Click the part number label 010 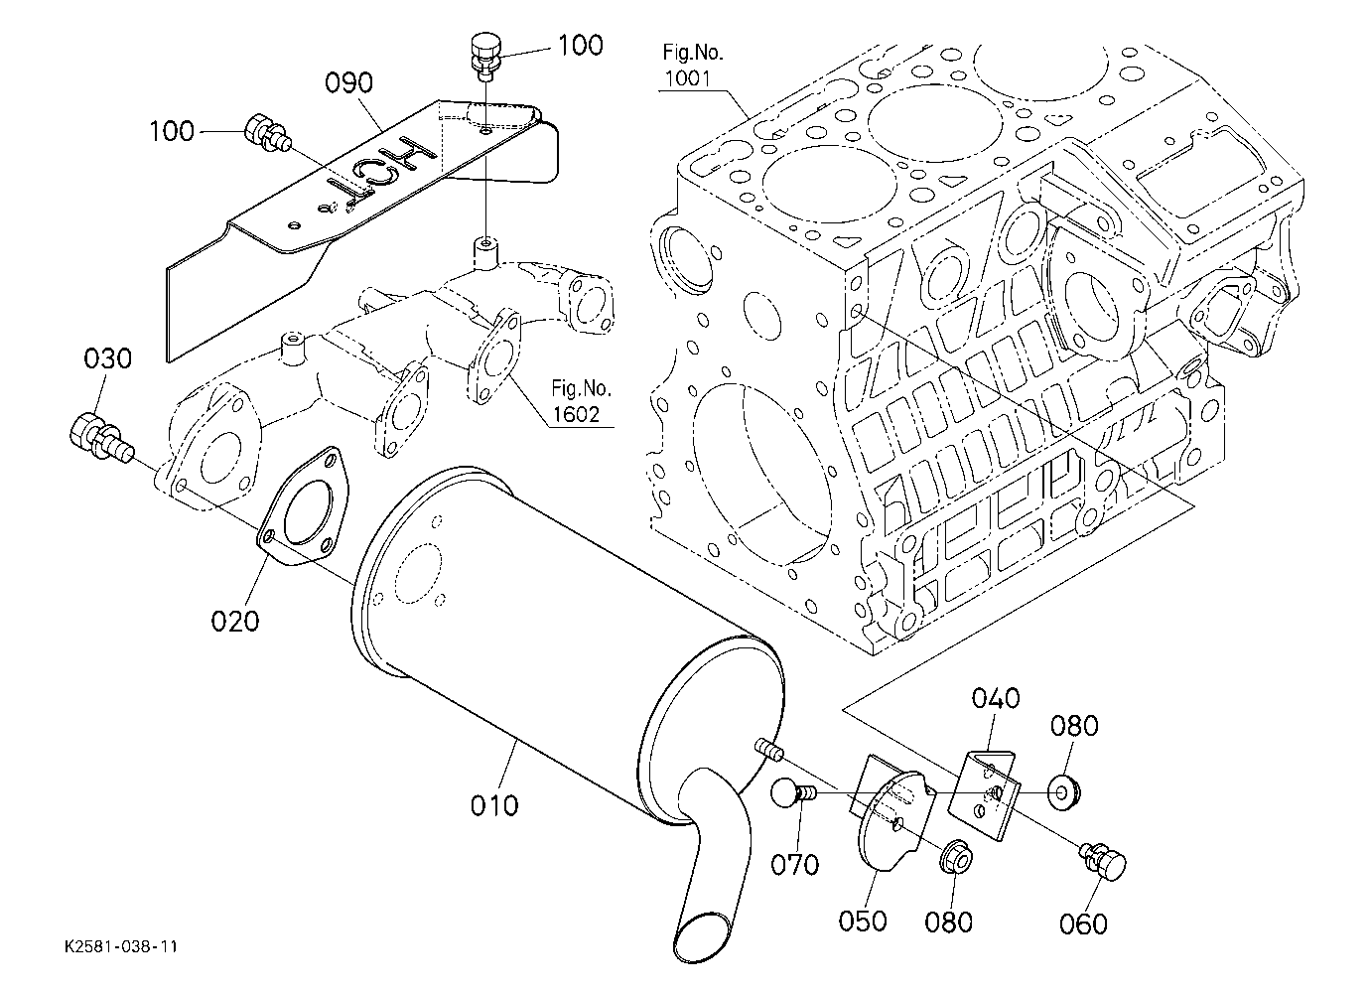pos(494,805)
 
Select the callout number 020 pos(235,621)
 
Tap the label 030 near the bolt pos(107,358)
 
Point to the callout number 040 pos(996,698)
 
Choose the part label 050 pos(863,921)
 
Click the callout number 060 pos(1083,924)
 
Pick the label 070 pos(794,865)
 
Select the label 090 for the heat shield pos(348,82)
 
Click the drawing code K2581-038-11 pos(121,947)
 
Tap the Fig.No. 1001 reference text pos(692,66)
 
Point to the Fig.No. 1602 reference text pos(581,401)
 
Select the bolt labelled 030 pos(100,439)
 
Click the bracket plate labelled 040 pos(985,794)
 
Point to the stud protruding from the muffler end pos(770,750)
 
